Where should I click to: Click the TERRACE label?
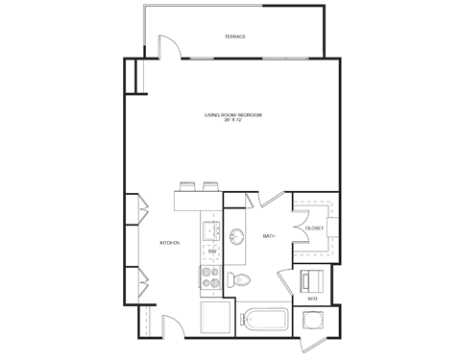pyautogui.click(x=235, y=36)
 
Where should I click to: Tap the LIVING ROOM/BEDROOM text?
pyautogui.click(x=232, y=115)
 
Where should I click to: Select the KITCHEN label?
pyautogui.click(x=171, y=243)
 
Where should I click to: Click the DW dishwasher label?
pyautogui.click(x=211, y=252)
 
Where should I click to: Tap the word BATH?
pyautogui.click(x=269, y=236)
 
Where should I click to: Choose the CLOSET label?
pyautogui.click(x=313, y=228)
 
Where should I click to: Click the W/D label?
pyautogui.click(x=312, y=299)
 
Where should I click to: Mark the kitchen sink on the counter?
pyautogui.click(x=211, y=230)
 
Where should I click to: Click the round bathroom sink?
pyautogui.click(x=238, y=235)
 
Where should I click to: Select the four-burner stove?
pyautogui.click(x=211, y=277)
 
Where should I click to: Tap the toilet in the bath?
pyautogui.click(x=241, y=279)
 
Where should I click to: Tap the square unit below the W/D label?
pyautogui.click(x=313, y=319)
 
